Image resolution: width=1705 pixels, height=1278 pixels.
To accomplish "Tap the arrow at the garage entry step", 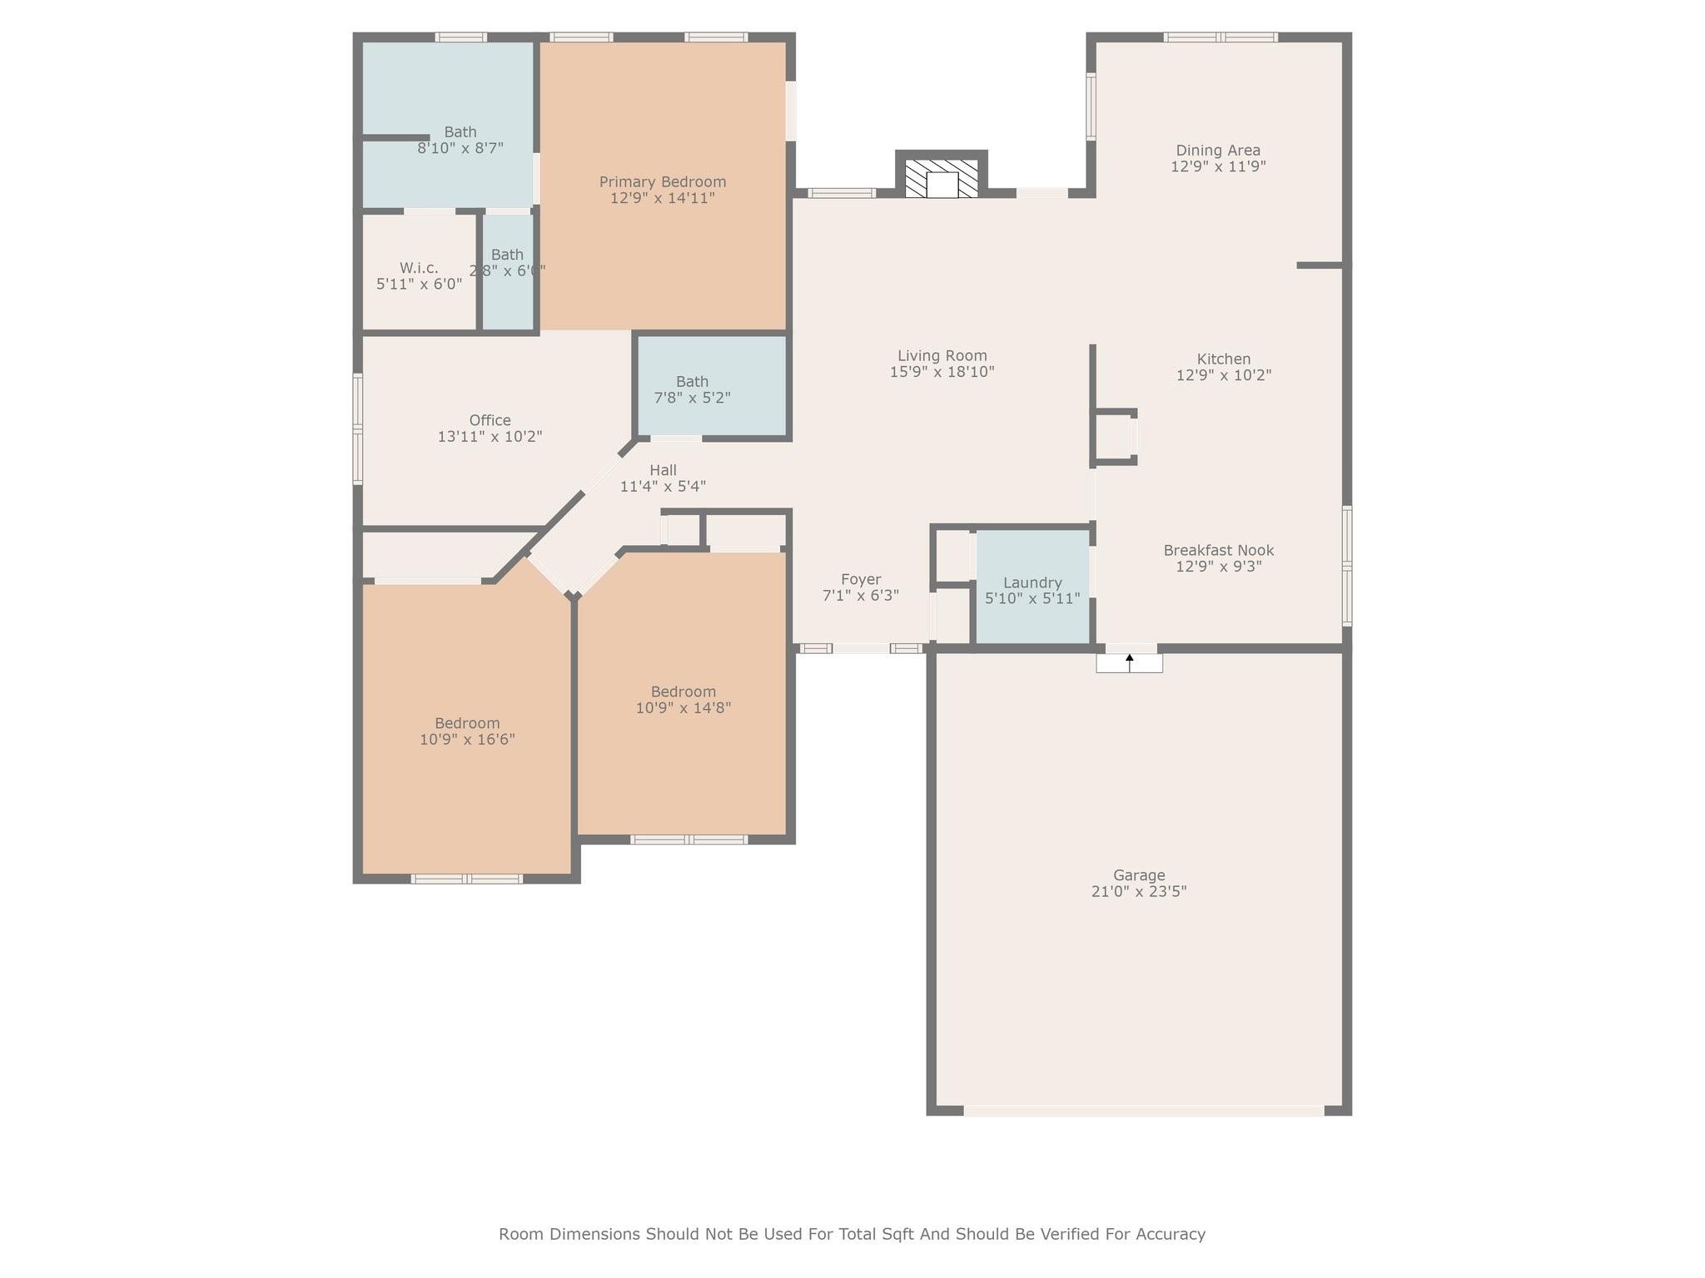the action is click(x=1130, y=662).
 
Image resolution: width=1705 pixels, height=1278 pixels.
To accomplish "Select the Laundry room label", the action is click(x=1032, y=582).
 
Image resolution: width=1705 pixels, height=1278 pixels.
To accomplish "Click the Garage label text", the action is click(x=1139, y=874).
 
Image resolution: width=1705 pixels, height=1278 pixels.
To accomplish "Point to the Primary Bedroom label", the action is click(x=663, y=181).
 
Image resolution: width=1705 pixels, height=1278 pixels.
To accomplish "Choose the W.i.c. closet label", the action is click(x=419, y=267).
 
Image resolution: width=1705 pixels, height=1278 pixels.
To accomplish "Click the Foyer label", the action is click(x=861, y=579).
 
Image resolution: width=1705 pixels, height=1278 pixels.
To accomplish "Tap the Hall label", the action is click(x=664, y=470).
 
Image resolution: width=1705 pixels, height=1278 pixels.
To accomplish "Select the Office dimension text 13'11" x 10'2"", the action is click(x=490, y=436).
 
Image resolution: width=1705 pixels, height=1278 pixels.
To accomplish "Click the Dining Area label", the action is click(x=1218, y=150).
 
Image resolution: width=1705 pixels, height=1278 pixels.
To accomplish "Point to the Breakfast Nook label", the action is click(x=1219, y=550).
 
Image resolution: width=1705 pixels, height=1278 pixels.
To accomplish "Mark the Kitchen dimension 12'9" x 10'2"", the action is click(x=1224, y=374).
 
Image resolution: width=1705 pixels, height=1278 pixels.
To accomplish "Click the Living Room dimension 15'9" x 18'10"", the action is click(x=942, y=371).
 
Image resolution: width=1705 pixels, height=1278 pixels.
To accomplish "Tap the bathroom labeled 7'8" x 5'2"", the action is click(x=712, y=386).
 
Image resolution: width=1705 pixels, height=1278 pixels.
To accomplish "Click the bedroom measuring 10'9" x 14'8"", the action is click(x=683, y=694).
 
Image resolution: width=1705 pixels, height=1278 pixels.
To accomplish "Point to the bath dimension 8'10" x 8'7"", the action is click(x=460, y=148).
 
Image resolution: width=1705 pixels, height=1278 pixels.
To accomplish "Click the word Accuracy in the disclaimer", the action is click(x=1170, y=1234).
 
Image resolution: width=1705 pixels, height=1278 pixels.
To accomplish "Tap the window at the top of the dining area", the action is click(x=1220, y=37).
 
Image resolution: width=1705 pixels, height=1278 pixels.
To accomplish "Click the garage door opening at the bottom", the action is click(x=1144, y=1110).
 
